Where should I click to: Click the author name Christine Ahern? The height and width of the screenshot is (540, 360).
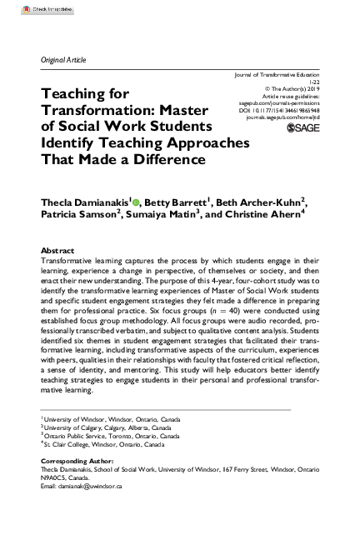click(x=268, y=213)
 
